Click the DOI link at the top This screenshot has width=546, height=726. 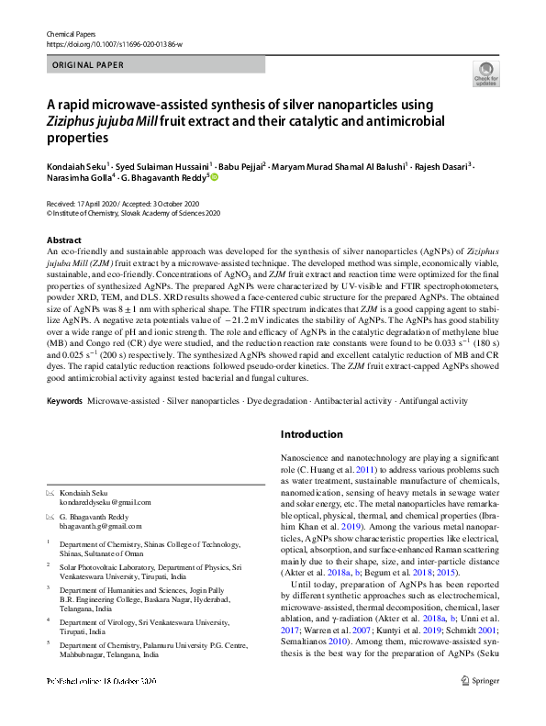pos(114,44)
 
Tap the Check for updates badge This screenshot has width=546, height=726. pos(485,73)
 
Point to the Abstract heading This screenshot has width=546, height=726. pos(63,239)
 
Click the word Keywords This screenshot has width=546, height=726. pos(64,401)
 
